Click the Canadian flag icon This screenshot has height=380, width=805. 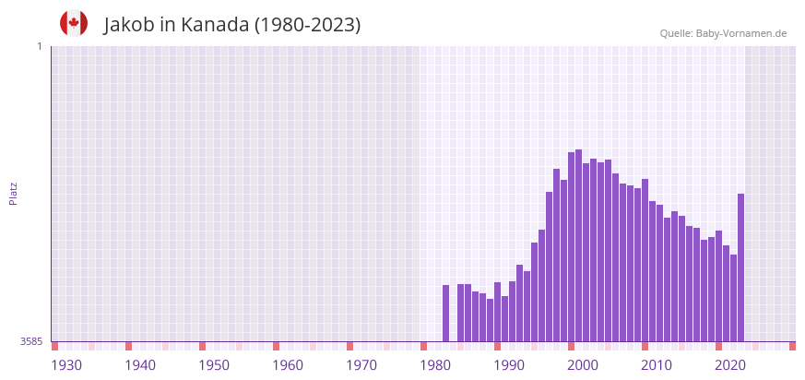[x=74, y=23]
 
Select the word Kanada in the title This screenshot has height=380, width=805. [x=216, y=25]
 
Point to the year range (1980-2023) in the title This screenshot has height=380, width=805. [x=308, y=25]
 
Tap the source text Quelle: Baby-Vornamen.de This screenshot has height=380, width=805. [x=723, y=34]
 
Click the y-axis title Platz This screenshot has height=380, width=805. [x=13, y=193]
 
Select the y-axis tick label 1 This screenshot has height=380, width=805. [x=39, y=46]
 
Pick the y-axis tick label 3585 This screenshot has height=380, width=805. [x=31, y=341]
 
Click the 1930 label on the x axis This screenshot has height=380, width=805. [x=66, y=365]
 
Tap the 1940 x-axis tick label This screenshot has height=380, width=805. [x=140, y=365]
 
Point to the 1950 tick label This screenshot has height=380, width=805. [x=214, y=365]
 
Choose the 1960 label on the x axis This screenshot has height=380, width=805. [x=288, y=365]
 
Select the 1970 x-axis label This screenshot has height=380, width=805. [x=361, y=365]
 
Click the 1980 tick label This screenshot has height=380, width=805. [x=435, y=365]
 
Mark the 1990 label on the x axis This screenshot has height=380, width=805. [x=509, y=365]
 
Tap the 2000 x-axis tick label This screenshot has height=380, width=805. [x=583, y=365]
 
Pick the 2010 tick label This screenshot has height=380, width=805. [x=657, y=365]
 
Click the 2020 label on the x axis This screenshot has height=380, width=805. [x=730, y=365]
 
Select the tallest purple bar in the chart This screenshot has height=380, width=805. [x=578, y=245]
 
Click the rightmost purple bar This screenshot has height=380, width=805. [x=740, y=267]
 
